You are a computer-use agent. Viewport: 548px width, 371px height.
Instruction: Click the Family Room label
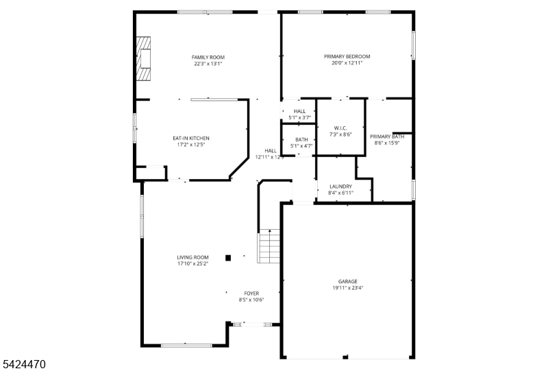pos(208,57)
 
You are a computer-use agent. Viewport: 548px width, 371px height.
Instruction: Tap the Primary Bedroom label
pos(347,56)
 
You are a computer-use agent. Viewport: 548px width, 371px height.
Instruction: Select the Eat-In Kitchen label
pos(191,139)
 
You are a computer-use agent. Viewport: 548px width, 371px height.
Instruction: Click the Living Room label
pos(192,257)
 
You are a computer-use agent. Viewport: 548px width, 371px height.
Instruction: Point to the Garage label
pos(347,281)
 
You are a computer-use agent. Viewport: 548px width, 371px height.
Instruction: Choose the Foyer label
pos(251,293)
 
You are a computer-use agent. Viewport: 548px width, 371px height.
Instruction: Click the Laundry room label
pos(340,187)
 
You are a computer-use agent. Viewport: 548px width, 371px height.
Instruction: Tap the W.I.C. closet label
pos(340,128)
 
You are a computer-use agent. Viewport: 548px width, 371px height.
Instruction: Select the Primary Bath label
pos(387,136)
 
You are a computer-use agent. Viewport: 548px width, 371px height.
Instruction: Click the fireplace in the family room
pos(143,59)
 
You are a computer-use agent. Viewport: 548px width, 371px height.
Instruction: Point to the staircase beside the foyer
pos(269,247)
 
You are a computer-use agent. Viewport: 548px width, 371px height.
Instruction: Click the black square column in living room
pos(229,258)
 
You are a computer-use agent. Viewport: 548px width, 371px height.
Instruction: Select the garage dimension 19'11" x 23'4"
pos(347,288)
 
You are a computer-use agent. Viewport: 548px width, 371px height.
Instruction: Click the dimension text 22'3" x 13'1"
pos(208,64)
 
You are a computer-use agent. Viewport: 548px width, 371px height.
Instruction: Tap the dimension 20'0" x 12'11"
pos(347,63)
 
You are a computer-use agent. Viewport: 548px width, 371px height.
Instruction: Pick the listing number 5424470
pos(23,364)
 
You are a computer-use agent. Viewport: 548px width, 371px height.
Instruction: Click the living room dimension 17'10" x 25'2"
pos(192,263)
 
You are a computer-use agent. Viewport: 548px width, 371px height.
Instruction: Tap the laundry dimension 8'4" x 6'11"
pos(340,193)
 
